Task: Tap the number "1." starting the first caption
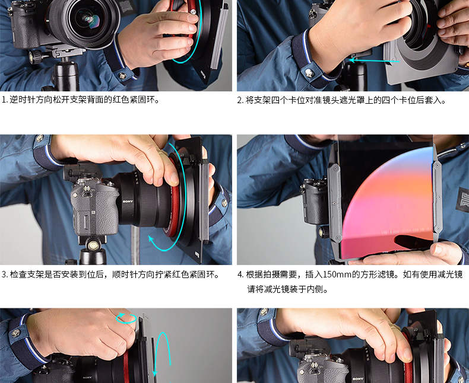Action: (x=5, y=100)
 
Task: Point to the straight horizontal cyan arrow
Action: (x=374, y=60)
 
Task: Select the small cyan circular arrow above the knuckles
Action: (x=126, y=318)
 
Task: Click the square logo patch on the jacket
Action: (x=462, y=200)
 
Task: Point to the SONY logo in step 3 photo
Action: (x=128, y=202)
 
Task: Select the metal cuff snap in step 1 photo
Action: (x=122, y=76)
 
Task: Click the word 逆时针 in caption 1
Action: (x=23, y=100)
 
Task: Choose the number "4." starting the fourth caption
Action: (x=241, y=275)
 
